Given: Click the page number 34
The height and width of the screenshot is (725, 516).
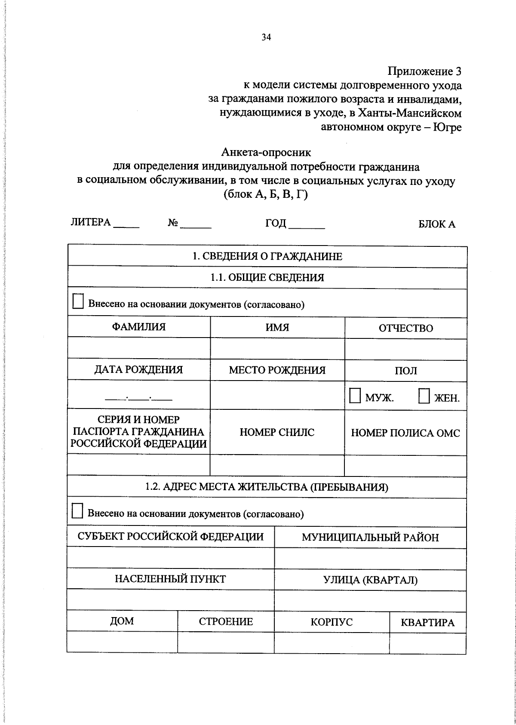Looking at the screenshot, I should pos(266,37).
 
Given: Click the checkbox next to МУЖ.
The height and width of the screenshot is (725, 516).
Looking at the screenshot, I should pos(355,396).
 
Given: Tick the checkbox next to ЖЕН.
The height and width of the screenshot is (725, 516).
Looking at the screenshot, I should pos(424,396).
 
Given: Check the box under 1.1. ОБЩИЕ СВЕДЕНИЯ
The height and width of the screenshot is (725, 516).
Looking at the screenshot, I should pos(78,301).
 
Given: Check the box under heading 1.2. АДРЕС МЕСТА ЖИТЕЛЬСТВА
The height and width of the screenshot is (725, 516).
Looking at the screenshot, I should pos(77,511).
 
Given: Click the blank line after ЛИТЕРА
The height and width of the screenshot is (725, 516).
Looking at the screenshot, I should pos(126,225).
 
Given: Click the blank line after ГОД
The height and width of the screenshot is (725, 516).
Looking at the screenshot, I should pos(306,226).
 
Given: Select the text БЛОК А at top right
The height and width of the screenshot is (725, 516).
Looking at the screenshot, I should pos(437,224).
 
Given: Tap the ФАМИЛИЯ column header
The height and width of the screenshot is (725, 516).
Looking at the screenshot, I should pos(138,327).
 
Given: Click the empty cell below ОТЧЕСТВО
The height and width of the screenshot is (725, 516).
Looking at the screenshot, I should pos(405,349).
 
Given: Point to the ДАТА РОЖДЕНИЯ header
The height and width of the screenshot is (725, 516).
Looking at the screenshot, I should pos(138,370).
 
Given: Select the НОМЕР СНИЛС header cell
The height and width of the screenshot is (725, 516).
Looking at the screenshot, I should pos(277,432).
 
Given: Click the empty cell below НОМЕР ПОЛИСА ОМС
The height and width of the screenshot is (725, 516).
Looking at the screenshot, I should pos(405,465).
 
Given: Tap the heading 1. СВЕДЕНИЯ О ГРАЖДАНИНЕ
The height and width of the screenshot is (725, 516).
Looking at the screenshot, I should pos(267,257).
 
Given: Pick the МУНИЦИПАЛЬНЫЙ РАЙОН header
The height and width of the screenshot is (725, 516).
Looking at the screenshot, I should pos(370,537).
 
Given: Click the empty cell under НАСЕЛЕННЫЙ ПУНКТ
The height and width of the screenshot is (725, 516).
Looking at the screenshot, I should pos(170,599).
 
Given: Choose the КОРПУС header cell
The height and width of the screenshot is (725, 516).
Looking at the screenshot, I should pos(332,622).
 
